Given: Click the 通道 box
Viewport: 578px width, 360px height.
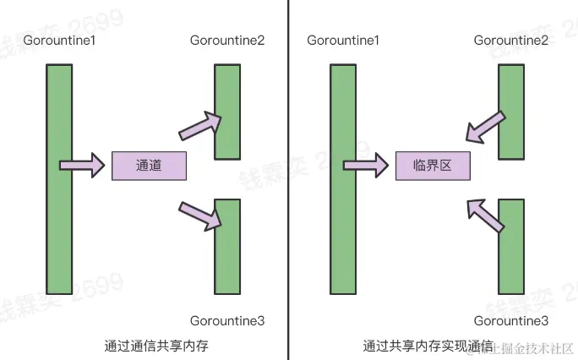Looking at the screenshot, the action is click(149, 166).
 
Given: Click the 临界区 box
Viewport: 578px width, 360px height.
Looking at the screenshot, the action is click(433, 166).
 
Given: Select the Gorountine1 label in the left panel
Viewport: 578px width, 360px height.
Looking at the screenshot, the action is click(59, 41).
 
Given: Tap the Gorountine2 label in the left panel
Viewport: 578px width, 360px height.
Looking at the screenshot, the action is click(227, 41).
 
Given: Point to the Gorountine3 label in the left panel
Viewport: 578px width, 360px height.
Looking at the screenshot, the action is click(227, 320).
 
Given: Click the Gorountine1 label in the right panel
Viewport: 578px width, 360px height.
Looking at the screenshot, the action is click(343, 41).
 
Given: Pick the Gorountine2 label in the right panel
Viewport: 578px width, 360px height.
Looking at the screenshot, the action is click(511, 41).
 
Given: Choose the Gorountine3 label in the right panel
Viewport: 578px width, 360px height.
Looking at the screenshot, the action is click(511, 320).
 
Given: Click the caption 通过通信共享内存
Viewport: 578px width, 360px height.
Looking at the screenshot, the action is click(156, 346).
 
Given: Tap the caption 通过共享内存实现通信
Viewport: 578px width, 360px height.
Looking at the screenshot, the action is click(428, 346).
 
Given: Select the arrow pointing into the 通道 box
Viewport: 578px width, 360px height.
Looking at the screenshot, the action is click(82, 166).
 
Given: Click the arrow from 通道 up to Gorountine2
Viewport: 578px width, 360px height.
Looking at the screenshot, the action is click(200, 126).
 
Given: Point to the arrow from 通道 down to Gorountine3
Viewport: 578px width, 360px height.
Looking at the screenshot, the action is click(200, 216).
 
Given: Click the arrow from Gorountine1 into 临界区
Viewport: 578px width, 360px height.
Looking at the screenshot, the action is click(366, 166).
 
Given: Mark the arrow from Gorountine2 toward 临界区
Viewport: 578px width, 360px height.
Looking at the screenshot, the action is click(486, 127).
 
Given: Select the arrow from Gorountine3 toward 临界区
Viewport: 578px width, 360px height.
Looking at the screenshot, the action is click(485, 216).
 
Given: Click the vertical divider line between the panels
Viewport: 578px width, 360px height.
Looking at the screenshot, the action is click(288, 180).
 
